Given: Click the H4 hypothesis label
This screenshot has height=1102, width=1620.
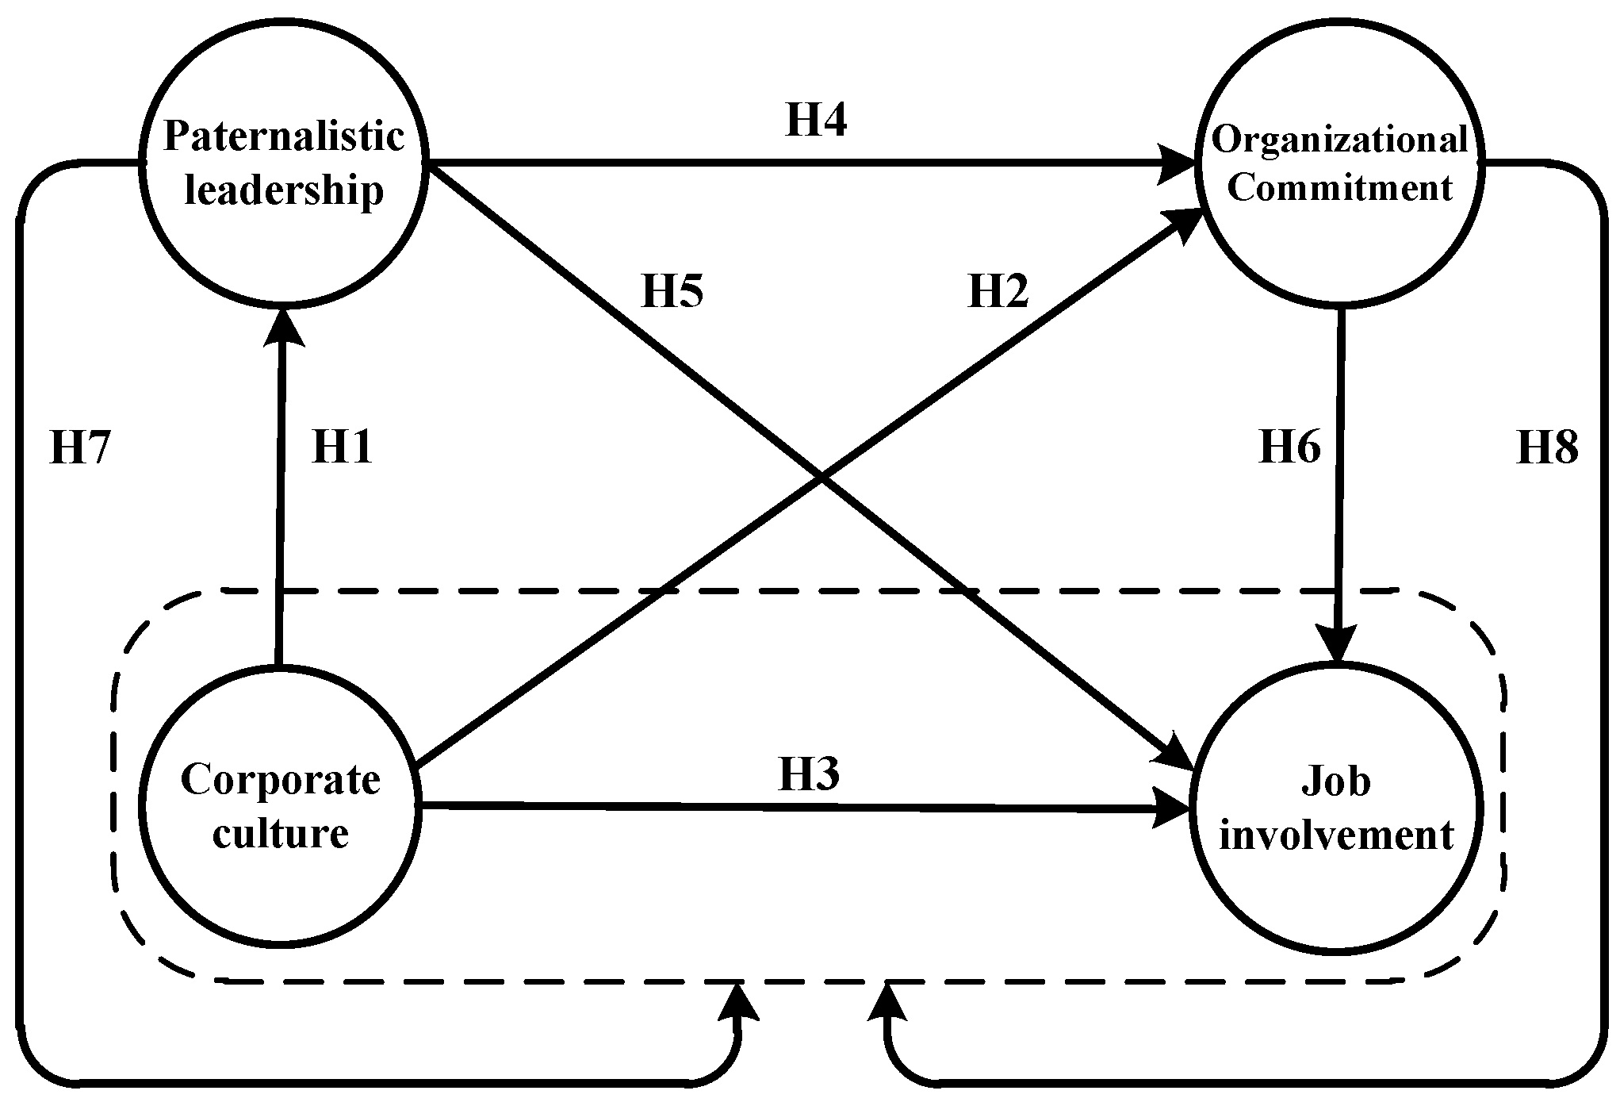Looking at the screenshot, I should (816, 121).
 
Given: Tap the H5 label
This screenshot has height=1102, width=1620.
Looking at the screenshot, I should (672, 291).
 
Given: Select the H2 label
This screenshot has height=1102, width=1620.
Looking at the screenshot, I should (998, 291).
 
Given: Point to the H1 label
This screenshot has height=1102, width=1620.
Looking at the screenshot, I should (342, 447).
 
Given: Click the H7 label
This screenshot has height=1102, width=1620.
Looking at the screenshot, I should (79, 448).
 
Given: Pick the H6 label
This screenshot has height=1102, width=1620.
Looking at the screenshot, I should (1290, 447).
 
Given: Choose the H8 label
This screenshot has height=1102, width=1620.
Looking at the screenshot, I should (1547, 448).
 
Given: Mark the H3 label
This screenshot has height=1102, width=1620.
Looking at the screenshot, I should (809, 774).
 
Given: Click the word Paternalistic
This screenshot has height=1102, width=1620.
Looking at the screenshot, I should (284, 136).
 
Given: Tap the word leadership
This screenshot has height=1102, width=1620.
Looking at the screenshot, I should (284, 190).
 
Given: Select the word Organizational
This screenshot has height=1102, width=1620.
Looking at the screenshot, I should (1339, 140).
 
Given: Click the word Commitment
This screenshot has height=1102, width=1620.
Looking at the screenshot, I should (1339, 188).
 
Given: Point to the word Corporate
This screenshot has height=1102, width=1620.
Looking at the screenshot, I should (281, 779).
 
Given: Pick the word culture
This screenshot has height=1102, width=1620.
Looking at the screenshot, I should (281, 833).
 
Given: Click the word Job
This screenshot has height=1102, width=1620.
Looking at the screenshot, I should (1336, 781).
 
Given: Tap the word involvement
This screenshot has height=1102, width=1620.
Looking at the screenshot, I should (1336, 835).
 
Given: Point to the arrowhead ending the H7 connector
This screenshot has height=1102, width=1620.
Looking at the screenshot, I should (739, 1001).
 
